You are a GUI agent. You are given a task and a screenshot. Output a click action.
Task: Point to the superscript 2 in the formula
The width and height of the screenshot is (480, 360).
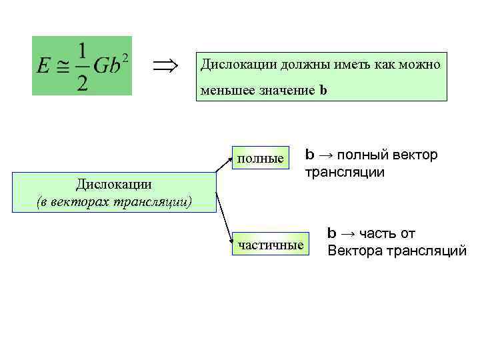click(x=125, y=55)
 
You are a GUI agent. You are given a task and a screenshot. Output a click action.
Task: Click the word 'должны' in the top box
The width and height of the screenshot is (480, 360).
click(x=282, y=65)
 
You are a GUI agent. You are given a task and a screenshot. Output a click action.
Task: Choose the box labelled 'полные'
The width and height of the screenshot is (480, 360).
click(x=260, y=158)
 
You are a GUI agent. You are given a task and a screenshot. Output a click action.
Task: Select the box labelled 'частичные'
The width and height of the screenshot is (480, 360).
click(x=271, y=245)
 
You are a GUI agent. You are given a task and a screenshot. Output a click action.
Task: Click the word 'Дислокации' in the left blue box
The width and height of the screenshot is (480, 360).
click(x=113, y=184)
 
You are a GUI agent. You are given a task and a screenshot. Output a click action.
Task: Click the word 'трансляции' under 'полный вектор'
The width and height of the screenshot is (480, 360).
click(x=345, y=172)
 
